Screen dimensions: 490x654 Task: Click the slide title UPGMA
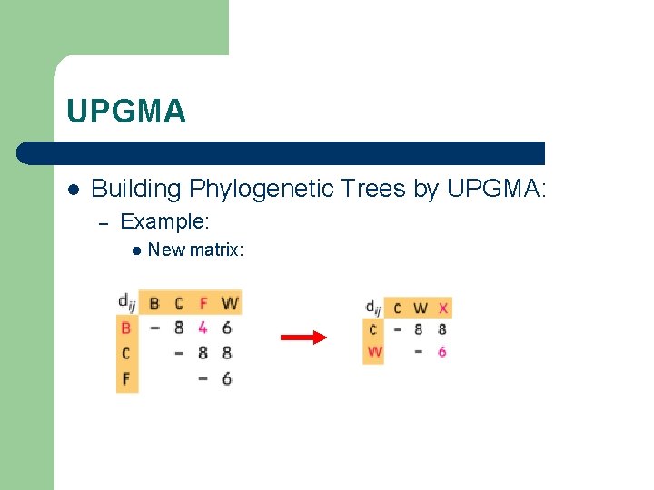point(126,112)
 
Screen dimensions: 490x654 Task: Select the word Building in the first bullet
point(136,189)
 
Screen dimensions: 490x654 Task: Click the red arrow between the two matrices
point(303,338)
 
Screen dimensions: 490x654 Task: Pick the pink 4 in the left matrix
point(203,328)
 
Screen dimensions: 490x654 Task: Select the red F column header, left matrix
point(203,302)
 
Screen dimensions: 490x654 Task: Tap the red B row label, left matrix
point(126,328)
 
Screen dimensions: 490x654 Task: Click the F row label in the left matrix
point(126,378)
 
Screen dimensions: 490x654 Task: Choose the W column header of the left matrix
point(228,302)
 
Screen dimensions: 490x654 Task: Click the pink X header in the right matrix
point(442,308)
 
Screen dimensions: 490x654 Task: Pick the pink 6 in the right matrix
point(442,351)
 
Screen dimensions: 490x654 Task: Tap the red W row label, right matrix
point(374,351)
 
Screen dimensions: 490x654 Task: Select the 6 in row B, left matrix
point(227,328)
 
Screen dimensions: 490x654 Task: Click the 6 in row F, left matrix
point(227,378)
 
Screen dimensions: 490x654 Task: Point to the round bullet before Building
point(73,190)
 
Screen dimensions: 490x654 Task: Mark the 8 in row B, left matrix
point(179,328)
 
